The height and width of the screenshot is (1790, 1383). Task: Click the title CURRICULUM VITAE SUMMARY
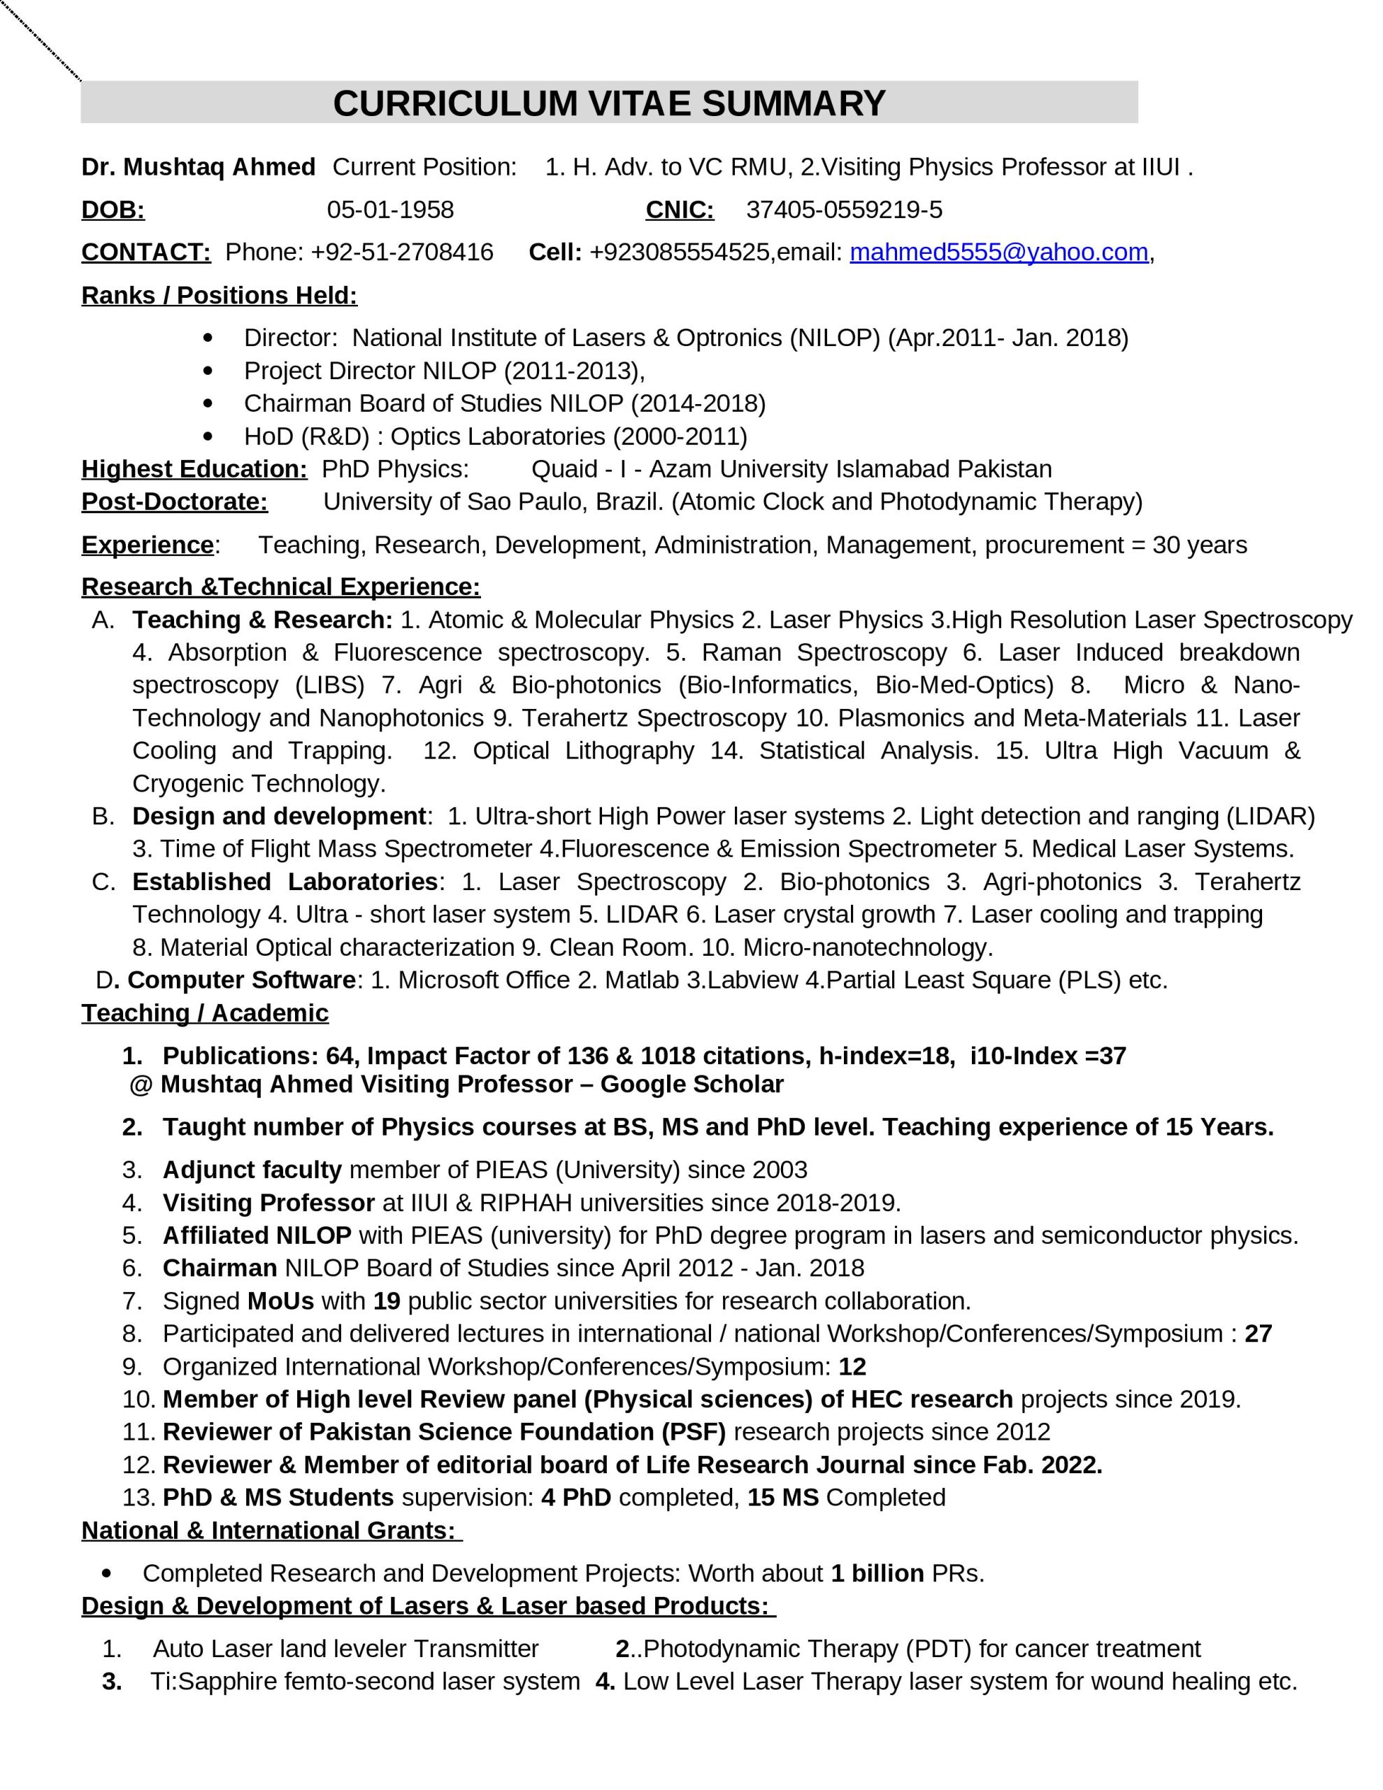click(609, 104)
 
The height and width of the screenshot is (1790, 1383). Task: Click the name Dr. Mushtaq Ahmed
click(199, 167)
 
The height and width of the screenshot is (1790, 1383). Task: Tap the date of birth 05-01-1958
click(390, 210)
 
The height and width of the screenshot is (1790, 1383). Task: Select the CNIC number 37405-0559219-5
click(843, 210)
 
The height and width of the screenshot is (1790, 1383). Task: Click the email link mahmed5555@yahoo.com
click(998, 252)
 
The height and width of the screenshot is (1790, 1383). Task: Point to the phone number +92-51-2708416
click(402, 252)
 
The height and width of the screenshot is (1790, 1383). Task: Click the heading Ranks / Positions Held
click(219, 295)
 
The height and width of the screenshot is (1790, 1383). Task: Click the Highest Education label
click(194, 468)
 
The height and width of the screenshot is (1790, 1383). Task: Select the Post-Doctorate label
click(175, 501)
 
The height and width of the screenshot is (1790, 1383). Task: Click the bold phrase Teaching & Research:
click(262, 620)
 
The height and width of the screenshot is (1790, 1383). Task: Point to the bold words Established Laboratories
click(285, 881)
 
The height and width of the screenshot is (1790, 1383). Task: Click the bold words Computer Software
click(241, 980)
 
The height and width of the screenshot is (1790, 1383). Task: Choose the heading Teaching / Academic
click(205, 1013)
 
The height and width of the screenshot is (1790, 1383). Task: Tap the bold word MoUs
click(280, 1301)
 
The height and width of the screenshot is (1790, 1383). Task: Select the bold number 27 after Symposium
click(1258, 1333)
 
